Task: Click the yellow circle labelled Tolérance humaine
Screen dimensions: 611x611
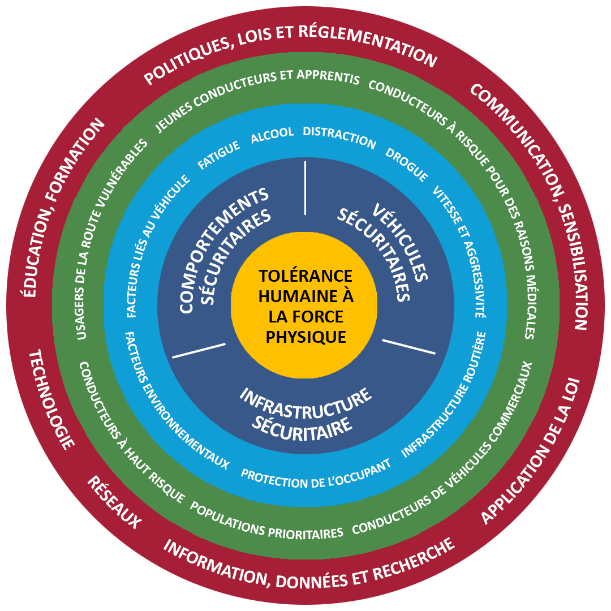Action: (305, 306)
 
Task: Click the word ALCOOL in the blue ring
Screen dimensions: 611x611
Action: (272, 134)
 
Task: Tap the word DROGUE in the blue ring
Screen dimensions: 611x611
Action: (407, 164)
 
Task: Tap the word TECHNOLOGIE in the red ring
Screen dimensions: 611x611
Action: (51, 399)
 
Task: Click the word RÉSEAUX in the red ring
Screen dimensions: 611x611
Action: (114, 502)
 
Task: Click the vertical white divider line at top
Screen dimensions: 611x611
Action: (305, 188)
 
